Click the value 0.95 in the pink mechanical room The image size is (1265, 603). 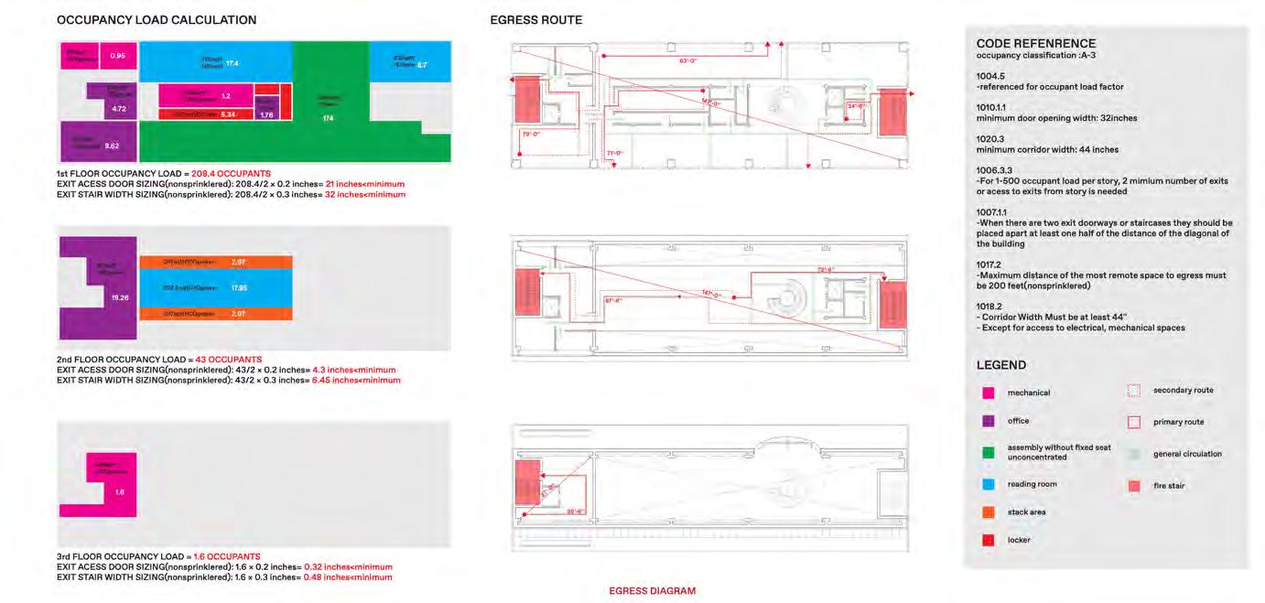117,57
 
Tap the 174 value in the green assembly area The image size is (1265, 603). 327,119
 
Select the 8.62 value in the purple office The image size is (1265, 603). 112,145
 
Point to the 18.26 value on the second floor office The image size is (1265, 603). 118,298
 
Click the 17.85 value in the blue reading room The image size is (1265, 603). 238,288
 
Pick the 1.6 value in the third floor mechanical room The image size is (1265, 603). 120,491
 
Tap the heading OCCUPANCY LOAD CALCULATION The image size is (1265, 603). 157,20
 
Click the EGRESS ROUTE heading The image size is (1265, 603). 535,20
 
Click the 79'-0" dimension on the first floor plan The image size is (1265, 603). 530,134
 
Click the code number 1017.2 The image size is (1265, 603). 989,264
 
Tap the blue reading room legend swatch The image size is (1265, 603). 989,484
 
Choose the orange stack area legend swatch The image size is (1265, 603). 989,512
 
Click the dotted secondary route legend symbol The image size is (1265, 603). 1133,391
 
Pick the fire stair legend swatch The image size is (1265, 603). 1133,486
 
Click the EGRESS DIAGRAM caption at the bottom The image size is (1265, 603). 652,591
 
